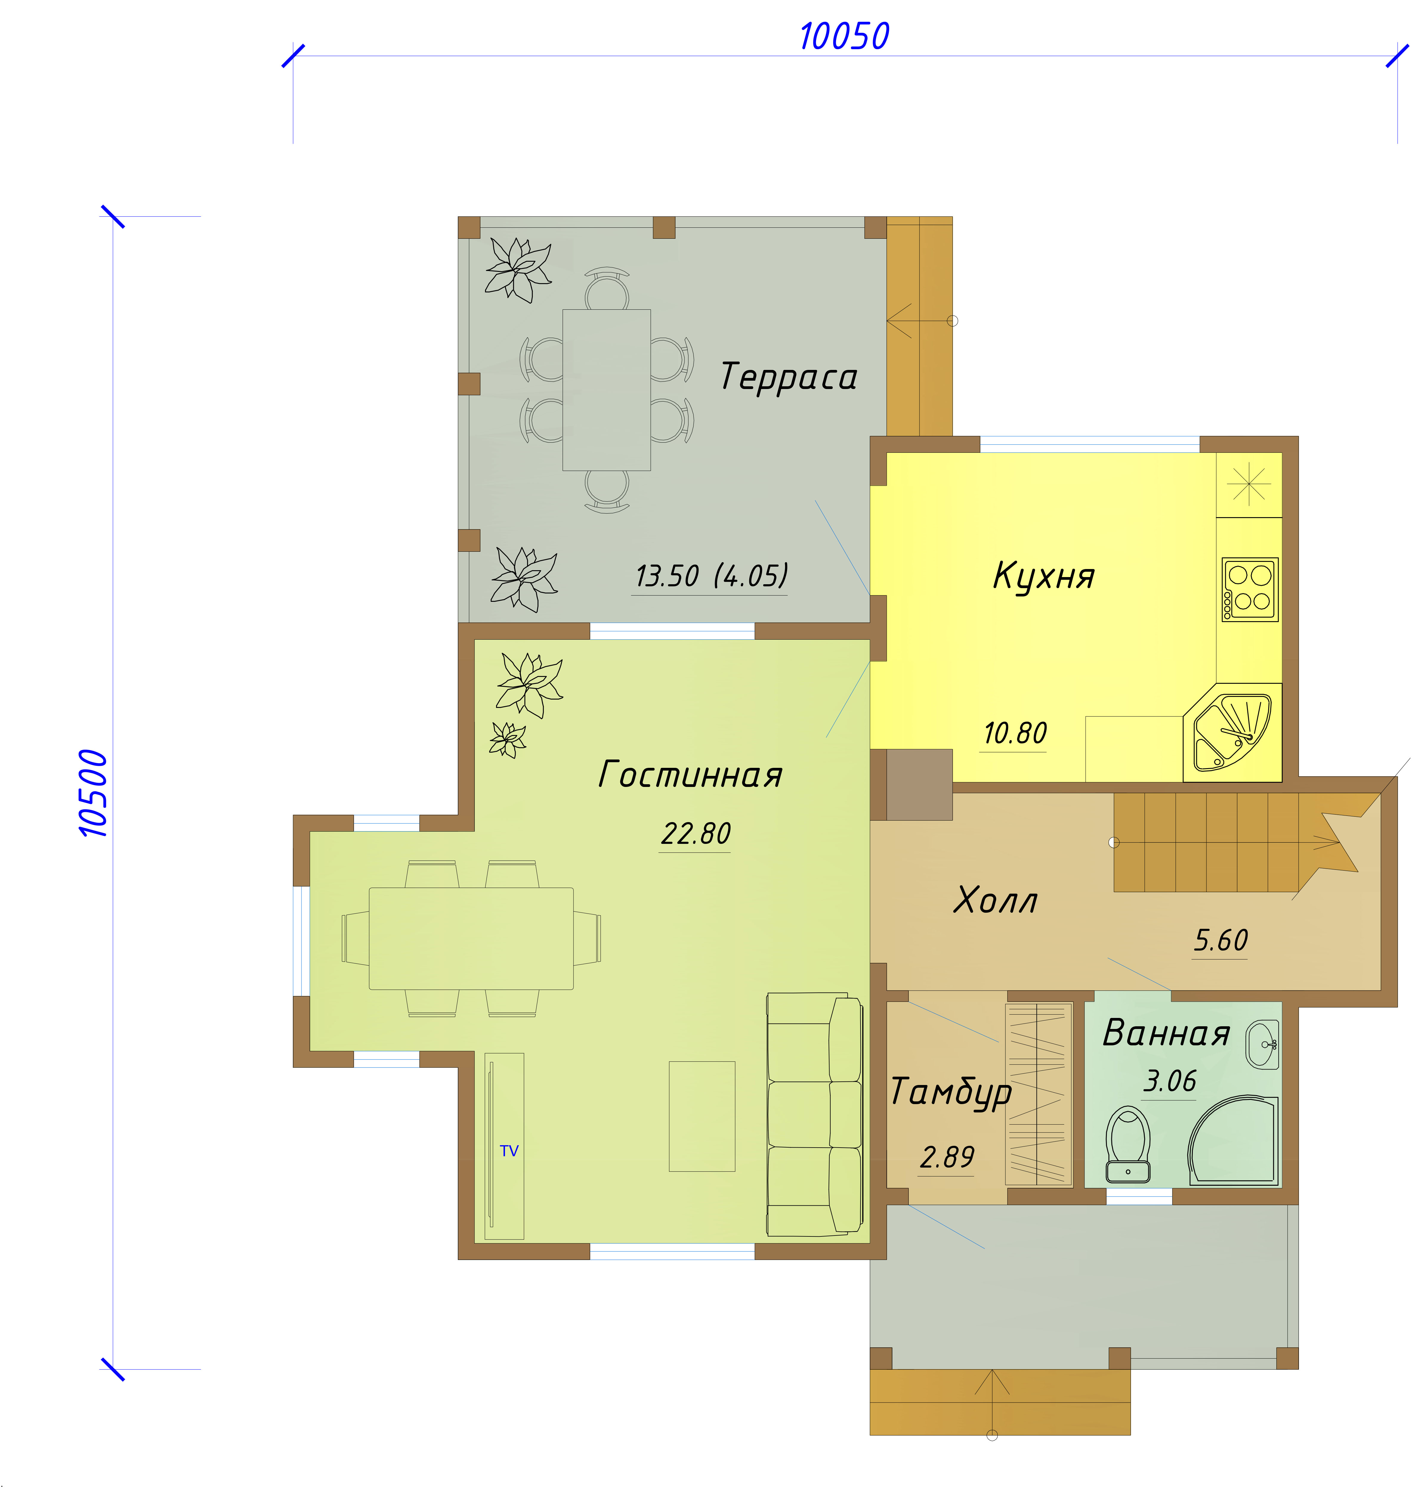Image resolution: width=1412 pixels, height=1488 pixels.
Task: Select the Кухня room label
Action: point(1044,576)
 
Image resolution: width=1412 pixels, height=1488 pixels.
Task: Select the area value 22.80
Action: point(696,833)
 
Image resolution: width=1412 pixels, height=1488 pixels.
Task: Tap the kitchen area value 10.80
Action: point(1015,733)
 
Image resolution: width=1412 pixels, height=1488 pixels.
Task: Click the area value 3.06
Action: point(1170,1081)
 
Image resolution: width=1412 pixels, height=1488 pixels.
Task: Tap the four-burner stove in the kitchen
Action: point(1249,589)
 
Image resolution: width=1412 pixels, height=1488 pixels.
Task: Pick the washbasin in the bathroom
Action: point(1262,1044)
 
